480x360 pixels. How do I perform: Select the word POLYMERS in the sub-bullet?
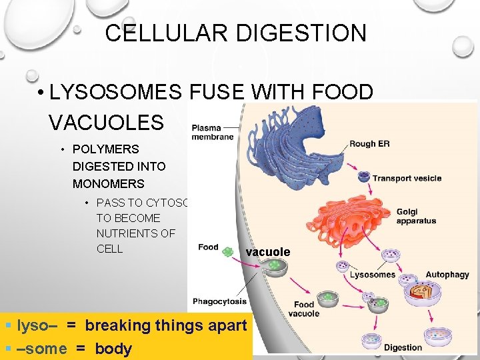pos(106,149)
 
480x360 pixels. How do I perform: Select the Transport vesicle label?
pos(407,178)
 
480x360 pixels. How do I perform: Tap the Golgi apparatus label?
pos(416,216)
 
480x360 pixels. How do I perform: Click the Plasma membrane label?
pos(213,131)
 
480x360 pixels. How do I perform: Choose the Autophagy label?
pos(447,275)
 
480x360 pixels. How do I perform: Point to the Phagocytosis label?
pos(219,301)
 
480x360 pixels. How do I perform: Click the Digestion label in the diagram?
pos(403,347)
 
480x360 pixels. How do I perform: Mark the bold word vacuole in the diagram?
pos(268,252)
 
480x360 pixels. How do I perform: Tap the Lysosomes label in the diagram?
pos(373,275)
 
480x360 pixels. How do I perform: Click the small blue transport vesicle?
pos(363,177)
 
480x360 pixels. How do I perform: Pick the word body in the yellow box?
pos(113,349)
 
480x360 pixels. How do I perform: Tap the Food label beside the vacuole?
pos(208,247)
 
